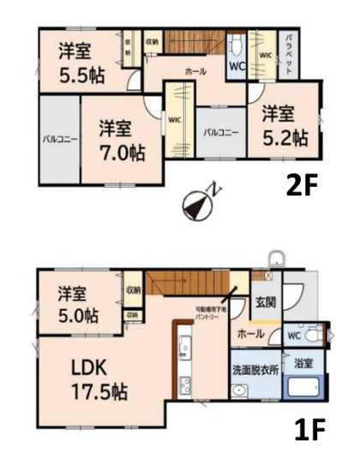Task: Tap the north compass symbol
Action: [x=198, y=202]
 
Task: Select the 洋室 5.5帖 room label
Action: [x=81, y=62]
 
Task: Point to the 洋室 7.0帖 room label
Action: [x=119, y=142]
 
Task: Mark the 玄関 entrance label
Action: [x=265, y=302]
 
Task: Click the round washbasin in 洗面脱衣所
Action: [x=241, y=394]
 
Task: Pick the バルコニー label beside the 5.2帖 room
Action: [x=220, y=133]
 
